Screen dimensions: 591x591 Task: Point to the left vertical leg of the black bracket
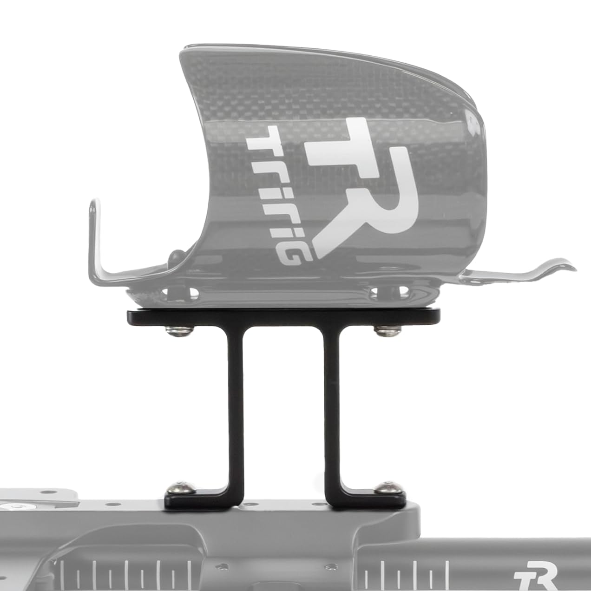[x=234, y=414]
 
